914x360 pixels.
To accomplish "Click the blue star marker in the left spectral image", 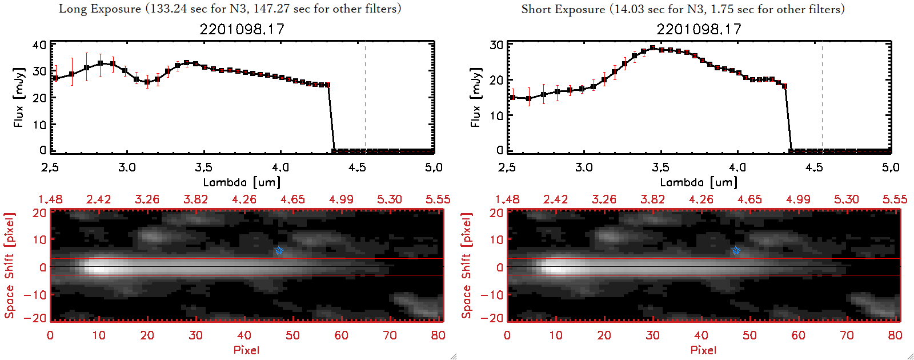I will coord(279,251).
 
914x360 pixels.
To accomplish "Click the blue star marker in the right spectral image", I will coord(736,251).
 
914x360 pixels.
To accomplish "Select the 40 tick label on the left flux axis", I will coord(39,45).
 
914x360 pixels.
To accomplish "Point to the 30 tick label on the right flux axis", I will coord(496,45).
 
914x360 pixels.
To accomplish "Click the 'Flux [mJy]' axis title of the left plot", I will coord(19,97).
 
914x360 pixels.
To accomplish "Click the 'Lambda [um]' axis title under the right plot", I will coord(699,182).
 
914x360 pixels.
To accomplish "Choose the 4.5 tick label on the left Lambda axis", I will coord(357,167).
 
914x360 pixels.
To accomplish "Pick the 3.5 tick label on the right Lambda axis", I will coord(660,167).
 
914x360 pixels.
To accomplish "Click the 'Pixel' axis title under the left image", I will coord(246,350).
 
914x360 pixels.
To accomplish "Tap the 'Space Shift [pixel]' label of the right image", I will coord(467,266).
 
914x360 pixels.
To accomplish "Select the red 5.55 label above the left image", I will coord(438,199).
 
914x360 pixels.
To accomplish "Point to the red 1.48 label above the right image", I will coord(507,199).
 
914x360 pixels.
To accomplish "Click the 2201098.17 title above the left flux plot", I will coord(242,29).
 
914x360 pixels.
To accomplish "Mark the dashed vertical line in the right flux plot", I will coord(822,97).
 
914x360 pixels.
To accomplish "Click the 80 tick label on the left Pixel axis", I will coord(438,335).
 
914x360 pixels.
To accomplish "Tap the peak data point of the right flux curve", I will coord(652,48).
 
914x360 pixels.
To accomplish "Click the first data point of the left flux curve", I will coord(55,78).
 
